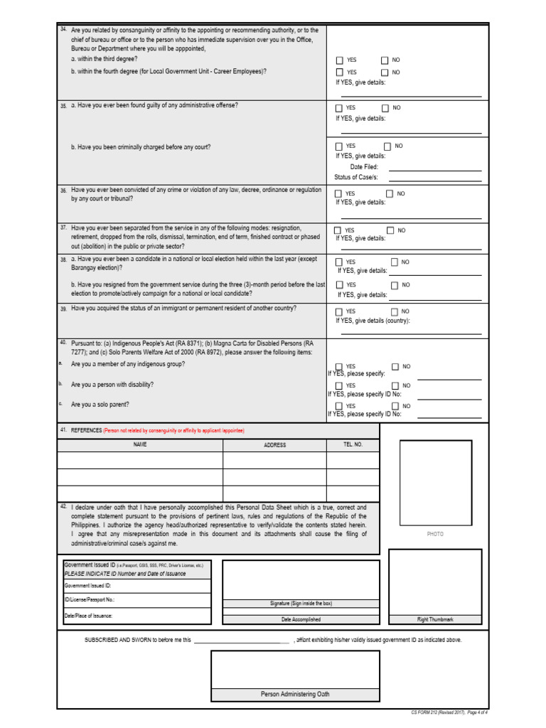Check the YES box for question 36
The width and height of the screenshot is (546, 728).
339,193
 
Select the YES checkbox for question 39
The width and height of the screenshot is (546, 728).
339,311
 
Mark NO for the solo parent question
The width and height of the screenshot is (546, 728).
395,405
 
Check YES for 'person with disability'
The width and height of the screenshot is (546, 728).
339,385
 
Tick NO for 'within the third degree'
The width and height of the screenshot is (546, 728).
385,60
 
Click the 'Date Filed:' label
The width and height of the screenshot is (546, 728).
364,167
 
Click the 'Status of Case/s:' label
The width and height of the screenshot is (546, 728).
356,177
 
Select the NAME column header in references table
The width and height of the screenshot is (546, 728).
139,444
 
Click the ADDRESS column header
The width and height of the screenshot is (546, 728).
274,445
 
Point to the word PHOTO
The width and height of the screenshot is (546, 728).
435,534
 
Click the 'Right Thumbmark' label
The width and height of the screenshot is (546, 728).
435,619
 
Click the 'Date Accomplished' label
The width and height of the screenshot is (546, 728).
301,619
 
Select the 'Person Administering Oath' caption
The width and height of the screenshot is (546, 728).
295,694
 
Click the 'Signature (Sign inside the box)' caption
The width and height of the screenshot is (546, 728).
301,603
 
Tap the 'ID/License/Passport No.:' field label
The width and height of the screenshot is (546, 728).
90,600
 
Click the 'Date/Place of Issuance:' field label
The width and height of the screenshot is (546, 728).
88,616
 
